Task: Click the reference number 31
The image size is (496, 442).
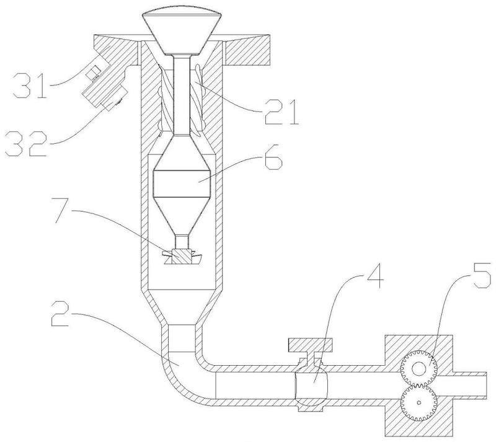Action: point(30,85)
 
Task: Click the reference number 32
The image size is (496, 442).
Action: point(26,144)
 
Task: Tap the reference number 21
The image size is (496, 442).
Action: point(282,112)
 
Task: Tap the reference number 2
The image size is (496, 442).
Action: point(60,314)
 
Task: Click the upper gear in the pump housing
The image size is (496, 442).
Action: point(419,368)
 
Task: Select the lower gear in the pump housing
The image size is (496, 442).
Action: point(419,403)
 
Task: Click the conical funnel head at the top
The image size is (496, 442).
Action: point(182,32)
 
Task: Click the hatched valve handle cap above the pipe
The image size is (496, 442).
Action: point(310,345)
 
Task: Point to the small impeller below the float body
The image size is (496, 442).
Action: point(182,257)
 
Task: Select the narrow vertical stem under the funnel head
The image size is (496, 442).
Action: point(182,94)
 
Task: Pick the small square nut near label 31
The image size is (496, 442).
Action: point(92,73)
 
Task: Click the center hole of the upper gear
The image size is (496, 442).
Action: point(419,368)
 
